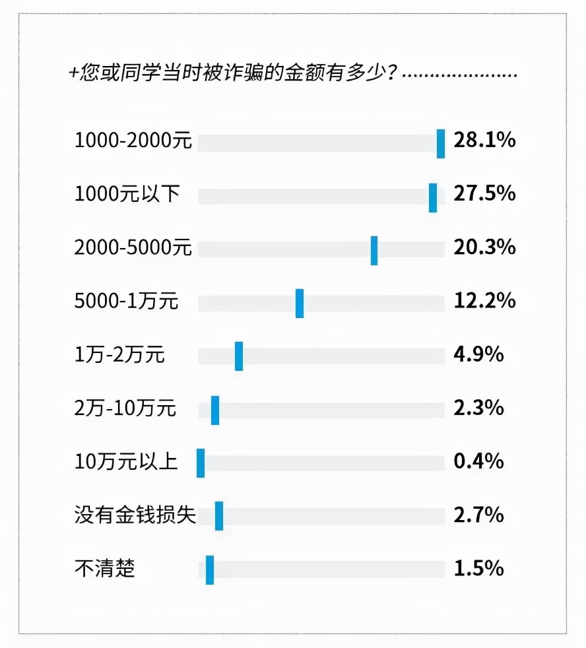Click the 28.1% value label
(x=484, y=141)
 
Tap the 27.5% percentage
(x=484, y=194)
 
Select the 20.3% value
(x=484, y=247)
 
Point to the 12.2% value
(x=484, y=301)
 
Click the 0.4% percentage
(x=479, y=461)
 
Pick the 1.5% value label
(x=479, y=568)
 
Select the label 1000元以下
(x=127, y=194)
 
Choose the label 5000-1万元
(x=127, y=302)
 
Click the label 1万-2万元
(x=119, y=355)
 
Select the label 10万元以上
(x=126, y=461)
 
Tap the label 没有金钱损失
(x=135, y=515)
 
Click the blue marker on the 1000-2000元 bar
(x=441, y=144)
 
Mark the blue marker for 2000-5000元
(x=374, y=251)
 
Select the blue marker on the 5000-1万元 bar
(x=300, y=304)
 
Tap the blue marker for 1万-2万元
(x=239, y=356)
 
